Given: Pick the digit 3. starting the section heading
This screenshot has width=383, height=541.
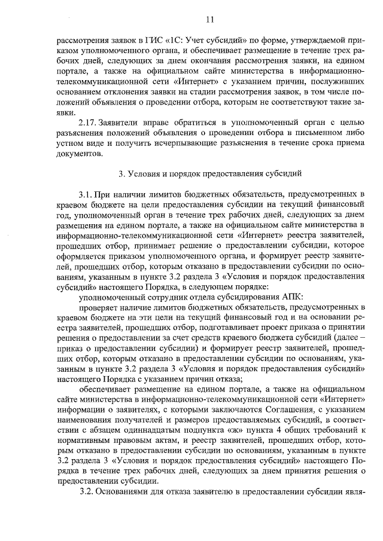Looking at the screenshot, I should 122,174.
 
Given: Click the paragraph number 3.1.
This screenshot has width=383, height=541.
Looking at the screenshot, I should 87,195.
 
